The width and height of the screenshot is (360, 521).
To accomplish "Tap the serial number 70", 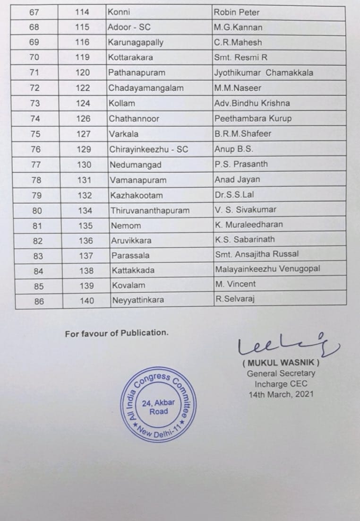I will (x=35, y=58).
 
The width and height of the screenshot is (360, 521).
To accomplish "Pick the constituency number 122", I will (x=83, y=88).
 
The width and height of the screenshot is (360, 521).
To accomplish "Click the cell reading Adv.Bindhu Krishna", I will (x=252, y=103).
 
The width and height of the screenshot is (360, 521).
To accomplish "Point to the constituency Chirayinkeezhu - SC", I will (x=149, y=149).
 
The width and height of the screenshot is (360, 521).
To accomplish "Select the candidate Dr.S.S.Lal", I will (x=236, y=195).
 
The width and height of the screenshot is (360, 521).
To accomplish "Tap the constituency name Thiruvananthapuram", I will (x=150, y=210).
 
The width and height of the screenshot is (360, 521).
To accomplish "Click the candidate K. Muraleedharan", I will (x=249, y=225).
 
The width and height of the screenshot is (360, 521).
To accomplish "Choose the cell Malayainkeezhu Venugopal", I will (x=267, y=269).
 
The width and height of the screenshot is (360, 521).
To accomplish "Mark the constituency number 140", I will (x=87, y=301).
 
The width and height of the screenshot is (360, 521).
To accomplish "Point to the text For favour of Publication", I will (x=116, y=333).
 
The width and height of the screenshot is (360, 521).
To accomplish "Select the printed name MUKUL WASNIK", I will (x=281, y=364).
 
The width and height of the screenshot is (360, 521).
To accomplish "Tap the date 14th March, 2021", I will (x=281, y=394).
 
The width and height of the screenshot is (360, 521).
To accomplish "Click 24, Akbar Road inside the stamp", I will (x=159, y=407).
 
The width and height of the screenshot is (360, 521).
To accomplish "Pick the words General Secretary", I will (x=281, y=373).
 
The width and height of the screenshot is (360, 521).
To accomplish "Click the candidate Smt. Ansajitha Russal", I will (x=257, y=254).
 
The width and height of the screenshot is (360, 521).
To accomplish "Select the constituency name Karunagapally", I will (x=136, y=43).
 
